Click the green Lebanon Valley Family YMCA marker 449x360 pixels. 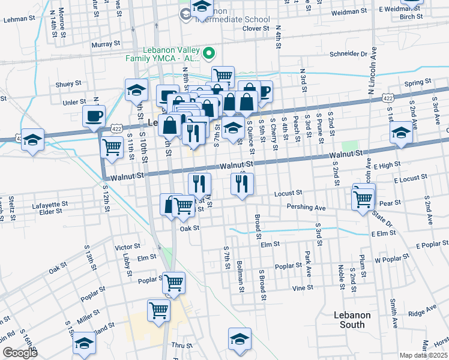(x=209, y=54)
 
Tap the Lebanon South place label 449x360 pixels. (x=352, y=320)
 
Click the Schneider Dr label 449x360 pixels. (x=347, y=53)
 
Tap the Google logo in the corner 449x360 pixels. (x=20, y=353)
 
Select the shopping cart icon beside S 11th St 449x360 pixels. (x=112, y=146)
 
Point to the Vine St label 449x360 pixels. (x=303, y=288)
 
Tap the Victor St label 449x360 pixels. (x=127, y=247)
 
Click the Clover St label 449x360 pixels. (x=255, y=28)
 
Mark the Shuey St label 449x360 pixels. (x=68, y=84)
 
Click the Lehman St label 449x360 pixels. (x=19, y=19)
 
